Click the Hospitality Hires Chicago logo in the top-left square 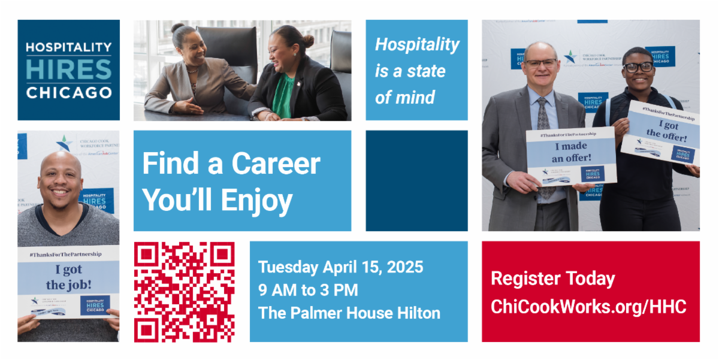(x=68, y=70)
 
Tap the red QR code (x=184, y=292)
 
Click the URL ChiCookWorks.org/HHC (x=588, y=307)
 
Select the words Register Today (x=552, y=279)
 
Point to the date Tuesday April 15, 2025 (x=340, y=267)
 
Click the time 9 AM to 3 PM (x=308, y=291)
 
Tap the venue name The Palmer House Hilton (x=349, y=313)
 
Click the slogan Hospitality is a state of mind (x=416, y=71)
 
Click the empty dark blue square (x=416, y=180)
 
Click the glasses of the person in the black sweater (x=638, y=67)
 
